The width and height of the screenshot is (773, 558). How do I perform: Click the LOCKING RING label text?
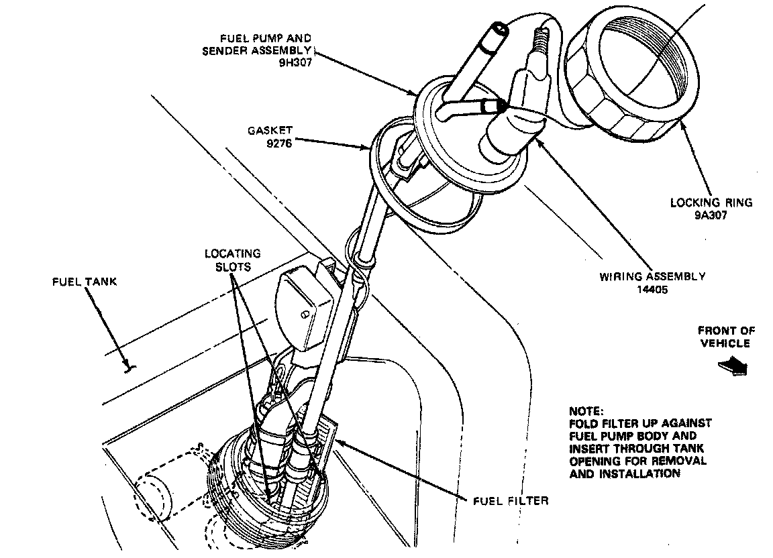711,203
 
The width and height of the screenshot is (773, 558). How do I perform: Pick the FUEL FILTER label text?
511,500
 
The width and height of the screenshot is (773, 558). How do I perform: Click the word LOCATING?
233,254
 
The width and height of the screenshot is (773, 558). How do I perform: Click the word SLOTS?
233,266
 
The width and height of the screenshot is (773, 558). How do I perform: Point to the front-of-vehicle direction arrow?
732,366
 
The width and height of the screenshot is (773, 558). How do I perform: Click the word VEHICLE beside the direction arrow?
725,343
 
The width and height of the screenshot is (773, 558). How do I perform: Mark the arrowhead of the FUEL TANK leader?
128,367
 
